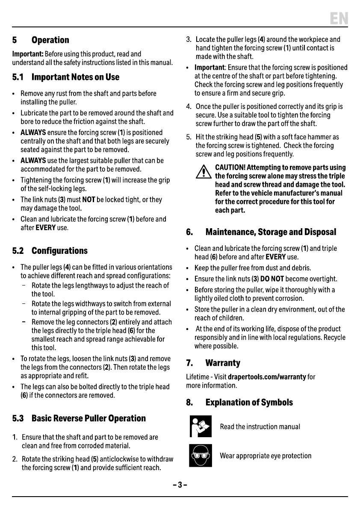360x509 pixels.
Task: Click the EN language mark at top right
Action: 339,18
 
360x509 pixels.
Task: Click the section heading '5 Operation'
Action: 41,40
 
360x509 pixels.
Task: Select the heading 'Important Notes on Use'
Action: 75,77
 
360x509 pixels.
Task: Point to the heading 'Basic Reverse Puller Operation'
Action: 89,418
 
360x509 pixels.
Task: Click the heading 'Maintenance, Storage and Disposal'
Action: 271,232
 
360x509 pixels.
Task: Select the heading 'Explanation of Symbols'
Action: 249,403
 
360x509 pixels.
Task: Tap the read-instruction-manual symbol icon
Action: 201,427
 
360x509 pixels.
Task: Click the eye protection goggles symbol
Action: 201,456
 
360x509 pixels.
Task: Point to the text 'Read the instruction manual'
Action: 260,427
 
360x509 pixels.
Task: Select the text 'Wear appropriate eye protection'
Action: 266,456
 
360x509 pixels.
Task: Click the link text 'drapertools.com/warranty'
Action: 267,377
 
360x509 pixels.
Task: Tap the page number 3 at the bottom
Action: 180,485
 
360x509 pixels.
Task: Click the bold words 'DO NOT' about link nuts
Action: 272,279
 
